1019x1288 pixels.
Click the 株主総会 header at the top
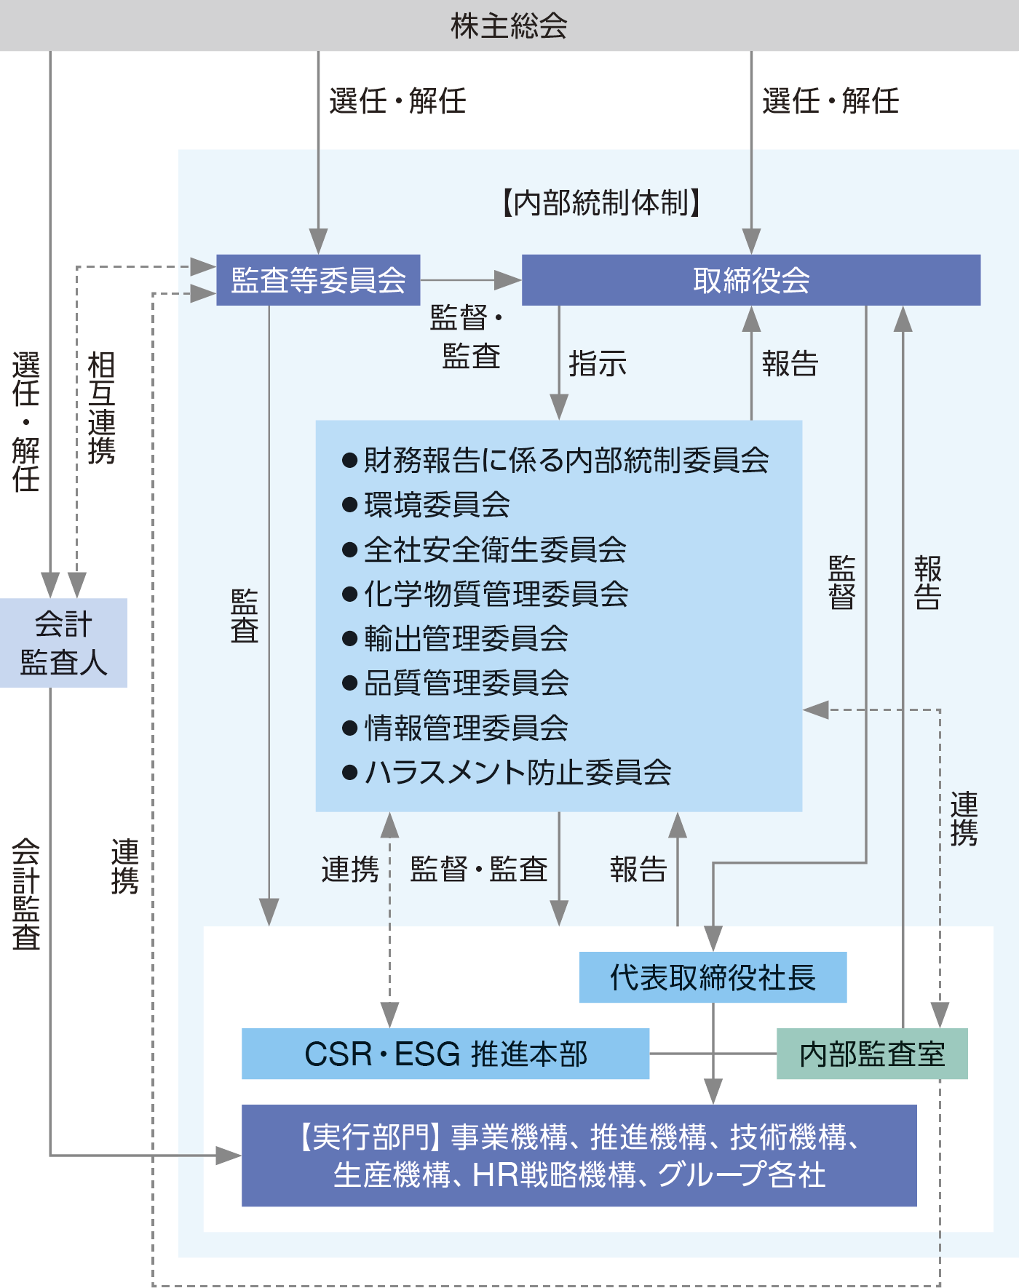pyautogui.click(x=509, y=25)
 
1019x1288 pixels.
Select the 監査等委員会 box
pyautogui.click(x=318, y=280)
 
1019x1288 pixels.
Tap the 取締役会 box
pyautogui.click(x=751, y=280)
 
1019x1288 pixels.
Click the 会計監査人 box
pyautogui.click(x=63, y=643)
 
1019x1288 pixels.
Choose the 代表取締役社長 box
pyautogui.click(x=713, y=977)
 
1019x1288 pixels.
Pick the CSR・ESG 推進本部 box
pyautogui.click(x=445, y=1054)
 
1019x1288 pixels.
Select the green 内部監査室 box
pyautogui.click(x=872, y=1054)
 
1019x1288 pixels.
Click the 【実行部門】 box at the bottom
pyautogui.click(x=579, y=1156)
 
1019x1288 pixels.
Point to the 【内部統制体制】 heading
pyautogui.click(x=601, y=202)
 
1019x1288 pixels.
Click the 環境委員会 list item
pyautogui.click(x=437, y=505)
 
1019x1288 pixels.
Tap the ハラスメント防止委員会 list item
pyautogui.click(x=518, y=772)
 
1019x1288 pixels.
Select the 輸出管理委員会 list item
pyautogui.click(x=466, y=639)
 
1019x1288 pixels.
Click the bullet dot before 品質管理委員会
pyautogui.click(x=349, y=683)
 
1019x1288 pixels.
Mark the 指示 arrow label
pyautogui.click(x=597, y=363)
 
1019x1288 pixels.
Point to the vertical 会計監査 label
pyautogui.click(x=26, y=894)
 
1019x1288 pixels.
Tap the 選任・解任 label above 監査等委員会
pyautogui.click(x=397, y=100)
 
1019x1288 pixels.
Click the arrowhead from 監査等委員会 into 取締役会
pyautogui.click(x=509, y=280)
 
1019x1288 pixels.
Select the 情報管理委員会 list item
pyautogui.click(x=466, y=728)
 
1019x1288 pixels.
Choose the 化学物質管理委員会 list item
pyautogui.click(x=496, y=594)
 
